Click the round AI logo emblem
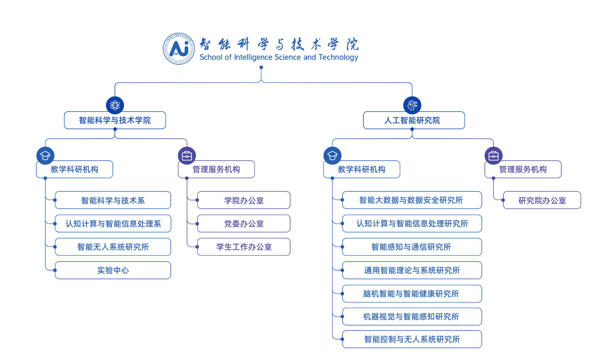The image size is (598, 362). pos(179,49)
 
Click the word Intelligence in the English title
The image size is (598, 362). pos(253,57)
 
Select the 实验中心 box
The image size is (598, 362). pos(113,270)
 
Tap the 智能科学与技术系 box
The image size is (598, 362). pos(113,200)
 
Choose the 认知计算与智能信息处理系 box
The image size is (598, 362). pos(113,224)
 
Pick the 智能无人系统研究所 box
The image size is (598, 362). pos(113,247)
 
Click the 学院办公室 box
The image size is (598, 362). pos(244,200)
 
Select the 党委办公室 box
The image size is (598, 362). pos(244,224)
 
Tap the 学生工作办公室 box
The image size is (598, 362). pos(244,247)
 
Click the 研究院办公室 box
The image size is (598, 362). pos(542,200)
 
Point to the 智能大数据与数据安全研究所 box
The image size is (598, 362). pos(412,200)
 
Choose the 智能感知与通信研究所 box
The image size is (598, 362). pos(412,247)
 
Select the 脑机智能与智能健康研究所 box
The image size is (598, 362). pos(412,293)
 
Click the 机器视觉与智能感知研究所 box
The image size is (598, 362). pos(412,317)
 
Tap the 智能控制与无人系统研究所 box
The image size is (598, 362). pos(412,339)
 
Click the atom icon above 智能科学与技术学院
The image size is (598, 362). pos(115,105)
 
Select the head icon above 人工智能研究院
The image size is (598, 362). pos(412,105)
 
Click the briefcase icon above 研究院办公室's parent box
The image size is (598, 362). pos(493,156)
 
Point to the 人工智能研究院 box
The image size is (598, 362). pos(414,120)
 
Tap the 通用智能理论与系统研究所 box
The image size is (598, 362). pos(412,270)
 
